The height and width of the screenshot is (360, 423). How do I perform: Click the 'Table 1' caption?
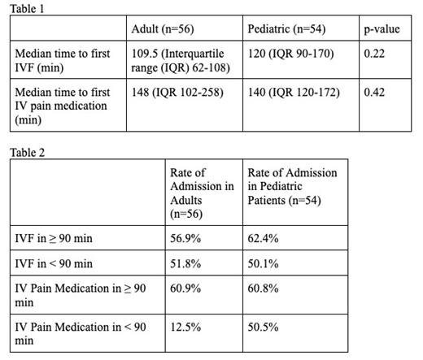(x=27, y=7)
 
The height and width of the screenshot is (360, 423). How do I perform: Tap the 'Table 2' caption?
(x=27, y=152)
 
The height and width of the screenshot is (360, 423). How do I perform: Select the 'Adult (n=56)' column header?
(x=164, y=29)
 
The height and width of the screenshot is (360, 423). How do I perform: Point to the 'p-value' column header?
(x=382, y=29)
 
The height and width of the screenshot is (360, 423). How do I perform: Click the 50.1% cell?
(x=263, y=263)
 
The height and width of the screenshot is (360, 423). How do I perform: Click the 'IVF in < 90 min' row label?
(x=55, y=263)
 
